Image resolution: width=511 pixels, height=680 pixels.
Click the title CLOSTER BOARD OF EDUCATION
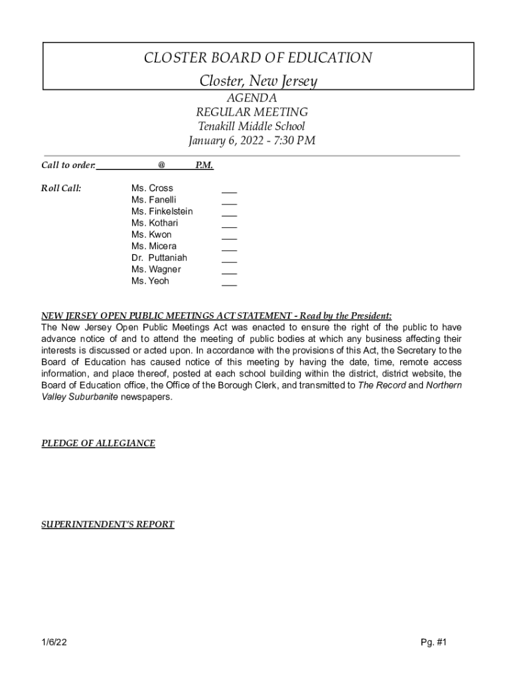coord(257,58)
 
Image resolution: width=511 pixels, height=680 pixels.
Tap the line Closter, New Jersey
coord(258,82)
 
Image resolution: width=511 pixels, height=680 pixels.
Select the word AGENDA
coord(252,98)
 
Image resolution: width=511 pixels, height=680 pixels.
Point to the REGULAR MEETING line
coord(252,112)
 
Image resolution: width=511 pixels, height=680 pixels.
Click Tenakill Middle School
coord(252,126)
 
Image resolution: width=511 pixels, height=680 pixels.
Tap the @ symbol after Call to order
coord(161,165)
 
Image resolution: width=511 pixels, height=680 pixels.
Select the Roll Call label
coord(62,188)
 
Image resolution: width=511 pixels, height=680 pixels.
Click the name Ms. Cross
coord(152,188)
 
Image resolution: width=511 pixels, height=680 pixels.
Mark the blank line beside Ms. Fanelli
coord(229,203)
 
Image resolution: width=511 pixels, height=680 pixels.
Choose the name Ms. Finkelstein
coord(162,211)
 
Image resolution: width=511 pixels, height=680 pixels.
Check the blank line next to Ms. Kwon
coord(229,238)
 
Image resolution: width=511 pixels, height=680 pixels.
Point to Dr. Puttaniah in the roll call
coord(159,258)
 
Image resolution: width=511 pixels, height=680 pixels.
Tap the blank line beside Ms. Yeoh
coord(229,284)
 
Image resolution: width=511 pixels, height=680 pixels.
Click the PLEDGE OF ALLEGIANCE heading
coord(98,443)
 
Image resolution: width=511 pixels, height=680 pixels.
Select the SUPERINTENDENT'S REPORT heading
coord(108,525)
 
